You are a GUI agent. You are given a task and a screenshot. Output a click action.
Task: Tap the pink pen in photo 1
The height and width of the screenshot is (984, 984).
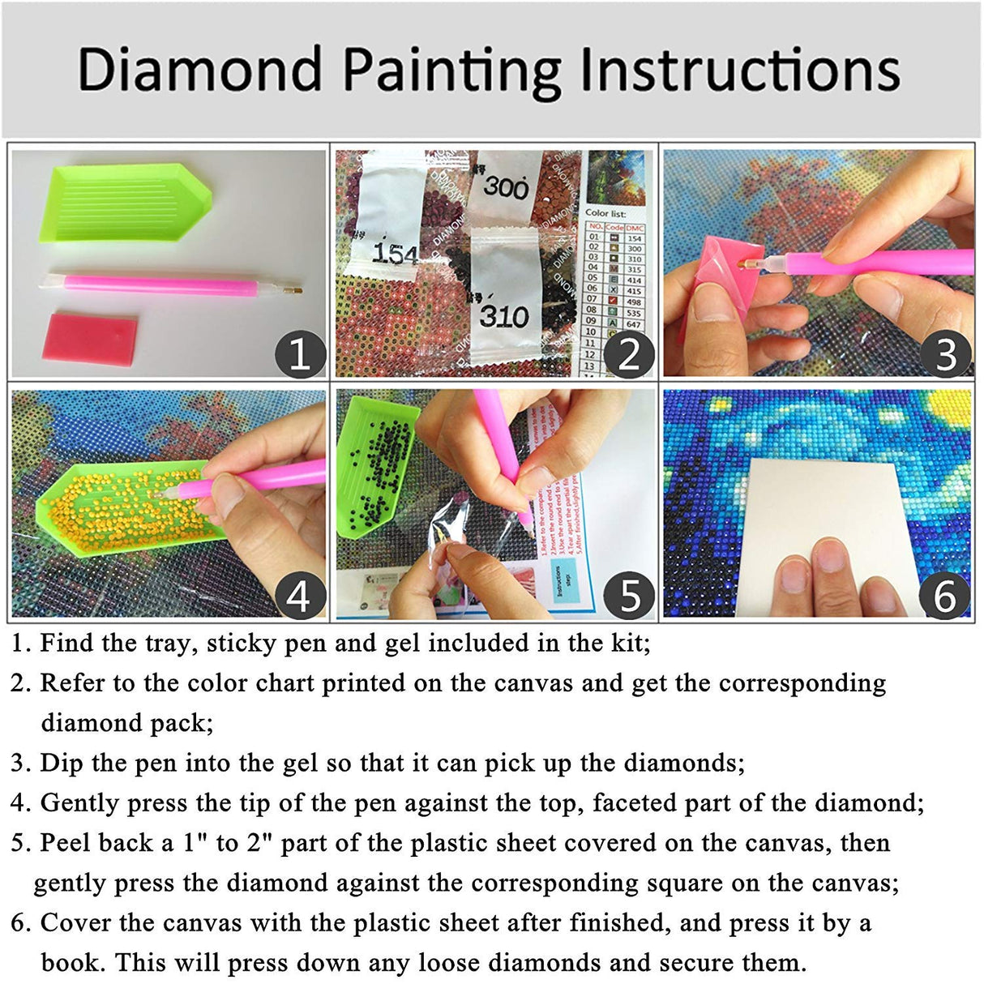point(170,285)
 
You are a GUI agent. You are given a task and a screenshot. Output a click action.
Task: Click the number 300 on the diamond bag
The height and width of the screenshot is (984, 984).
point(506,187)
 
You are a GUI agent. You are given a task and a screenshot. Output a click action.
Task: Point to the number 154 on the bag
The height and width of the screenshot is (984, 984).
point(395,254)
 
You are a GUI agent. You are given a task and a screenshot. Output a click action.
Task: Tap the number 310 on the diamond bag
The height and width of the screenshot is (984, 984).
point(503,315)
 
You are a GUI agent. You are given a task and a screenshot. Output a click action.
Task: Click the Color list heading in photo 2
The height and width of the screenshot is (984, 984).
point(605,212)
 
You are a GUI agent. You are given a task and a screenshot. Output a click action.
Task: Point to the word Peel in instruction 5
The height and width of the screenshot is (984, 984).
point(66,843)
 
